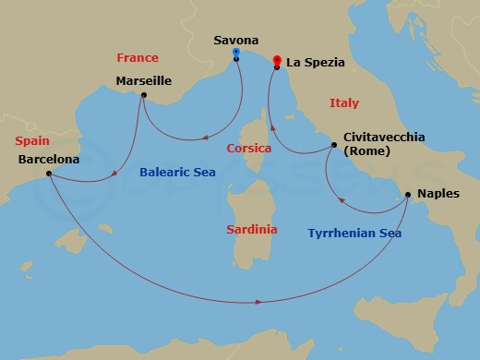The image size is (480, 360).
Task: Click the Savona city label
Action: [x=235, y=41]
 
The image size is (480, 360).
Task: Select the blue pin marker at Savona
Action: [x=236, y=54]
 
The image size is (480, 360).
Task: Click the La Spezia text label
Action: [x=316, y=63]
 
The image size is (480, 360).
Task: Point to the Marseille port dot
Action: [x=144, y=95]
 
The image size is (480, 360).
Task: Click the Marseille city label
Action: [x=143, y=80]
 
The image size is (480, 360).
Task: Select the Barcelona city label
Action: [x=48, y=159]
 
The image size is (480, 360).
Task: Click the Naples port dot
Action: [x=406, y=194]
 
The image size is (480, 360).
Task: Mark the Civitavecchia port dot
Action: [x=334, y=146]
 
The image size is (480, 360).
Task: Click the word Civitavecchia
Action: [x=384, y=137]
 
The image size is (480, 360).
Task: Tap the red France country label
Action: [x=138, y=58]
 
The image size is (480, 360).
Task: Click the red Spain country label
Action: [x=32, y=141]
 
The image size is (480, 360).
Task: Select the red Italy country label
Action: [x=343, y=103]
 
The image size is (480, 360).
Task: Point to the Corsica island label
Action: [x=248, y=148]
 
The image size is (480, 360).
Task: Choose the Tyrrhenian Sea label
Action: [x=354, y=234]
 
